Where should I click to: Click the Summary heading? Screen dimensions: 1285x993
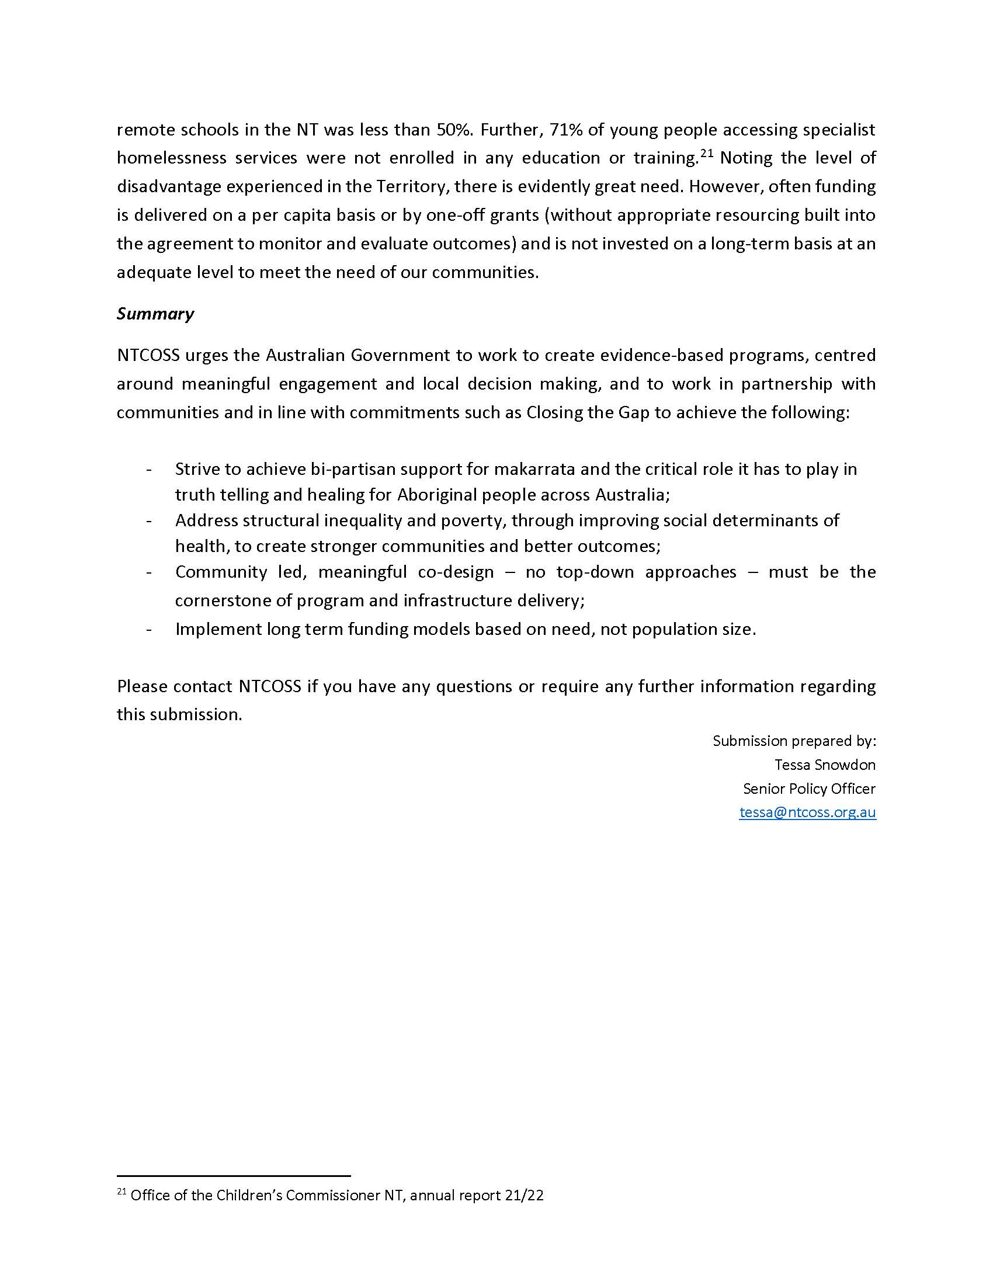(155, 314)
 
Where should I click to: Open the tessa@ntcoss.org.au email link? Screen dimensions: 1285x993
(807, 812)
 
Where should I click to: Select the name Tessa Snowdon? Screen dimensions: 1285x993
(825, 765)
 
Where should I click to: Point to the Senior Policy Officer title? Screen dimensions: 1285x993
(809, 789)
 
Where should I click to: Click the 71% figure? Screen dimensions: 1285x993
(565, 130)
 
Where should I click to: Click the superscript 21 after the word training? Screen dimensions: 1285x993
(707, 154)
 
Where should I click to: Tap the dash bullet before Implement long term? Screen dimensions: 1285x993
(150, 630)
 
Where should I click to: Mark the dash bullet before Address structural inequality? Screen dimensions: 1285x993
(150, 520)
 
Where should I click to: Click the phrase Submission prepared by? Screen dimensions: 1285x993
(794, 741)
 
